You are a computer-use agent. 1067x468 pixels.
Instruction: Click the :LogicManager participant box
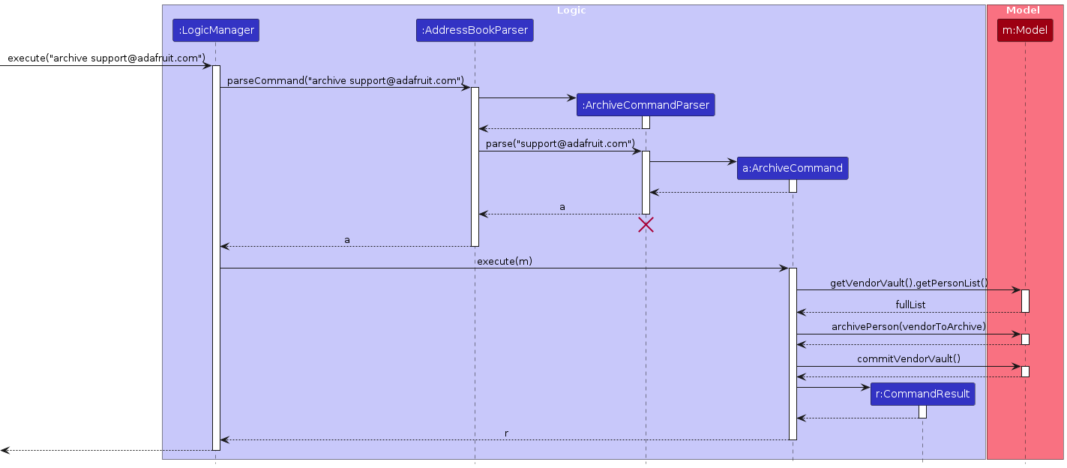click(x=216, y=31)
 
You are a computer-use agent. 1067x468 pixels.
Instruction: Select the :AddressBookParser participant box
click(x=475, y=31)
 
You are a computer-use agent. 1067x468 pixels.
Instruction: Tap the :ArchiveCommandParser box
click(x=646, y=105)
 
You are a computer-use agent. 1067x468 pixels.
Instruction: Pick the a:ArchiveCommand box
click(x=793, y=169)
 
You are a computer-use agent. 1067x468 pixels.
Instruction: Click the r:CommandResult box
click(x=922, y=394)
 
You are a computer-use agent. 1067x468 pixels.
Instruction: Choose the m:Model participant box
click(x=1025, y=31)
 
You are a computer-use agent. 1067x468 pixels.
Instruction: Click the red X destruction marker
click(x=646, y=224)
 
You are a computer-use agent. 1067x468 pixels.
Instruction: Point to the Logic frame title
click(x=572, y=10)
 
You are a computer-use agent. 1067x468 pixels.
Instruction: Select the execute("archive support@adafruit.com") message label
click(x=106, y=58)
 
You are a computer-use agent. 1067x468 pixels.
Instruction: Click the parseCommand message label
click(x=346, y=80)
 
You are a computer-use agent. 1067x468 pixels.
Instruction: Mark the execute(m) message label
click(x=504, y=261)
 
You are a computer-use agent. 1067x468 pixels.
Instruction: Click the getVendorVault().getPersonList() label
click(x=909, y=283)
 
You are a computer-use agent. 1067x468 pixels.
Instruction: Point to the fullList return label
click(x=910, y=304)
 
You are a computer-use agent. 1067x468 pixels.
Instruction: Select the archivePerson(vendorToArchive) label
click(x=909, y=327)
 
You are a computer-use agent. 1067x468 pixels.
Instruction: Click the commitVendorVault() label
click(x=909, y=358)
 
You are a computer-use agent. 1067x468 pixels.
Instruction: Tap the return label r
click(x=506, y=433)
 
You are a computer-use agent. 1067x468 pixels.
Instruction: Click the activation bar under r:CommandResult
click(x=922, y=412)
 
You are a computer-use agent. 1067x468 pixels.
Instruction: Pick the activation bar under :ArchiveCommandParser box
click(x=646, y=122)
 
